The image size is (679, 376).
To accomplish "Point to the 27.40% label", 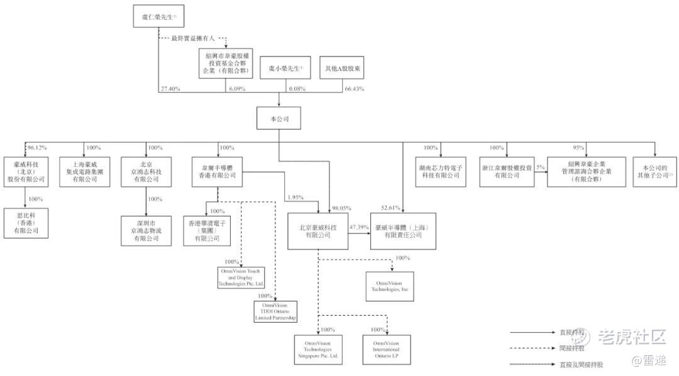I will click(x=170, y=89).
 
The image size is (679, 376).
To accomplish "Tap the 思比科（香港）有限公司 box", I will click(x=25, y=222).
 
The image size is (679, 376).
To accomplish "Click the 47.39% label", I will click(x=358, y=225).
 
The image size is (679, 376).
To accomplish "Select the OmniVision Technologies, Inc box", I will click(x=389, y=286).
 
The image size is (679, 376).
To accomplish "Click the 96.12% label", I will click(x=36, y=148).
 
